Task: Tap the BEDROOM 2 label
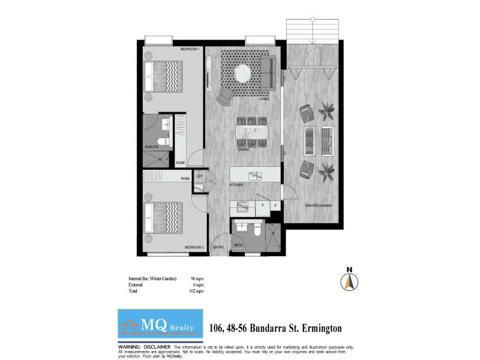coord(194,247)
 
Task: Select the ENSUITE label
coord(151,146)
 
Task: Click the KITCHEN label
coord(236,185)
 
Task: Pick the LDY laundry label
coord(199,177)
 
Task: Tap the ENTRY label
coord(218,247)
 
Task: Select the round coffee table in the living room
coord(243,72)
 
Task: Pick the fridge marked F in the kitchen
coord(262,205)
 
